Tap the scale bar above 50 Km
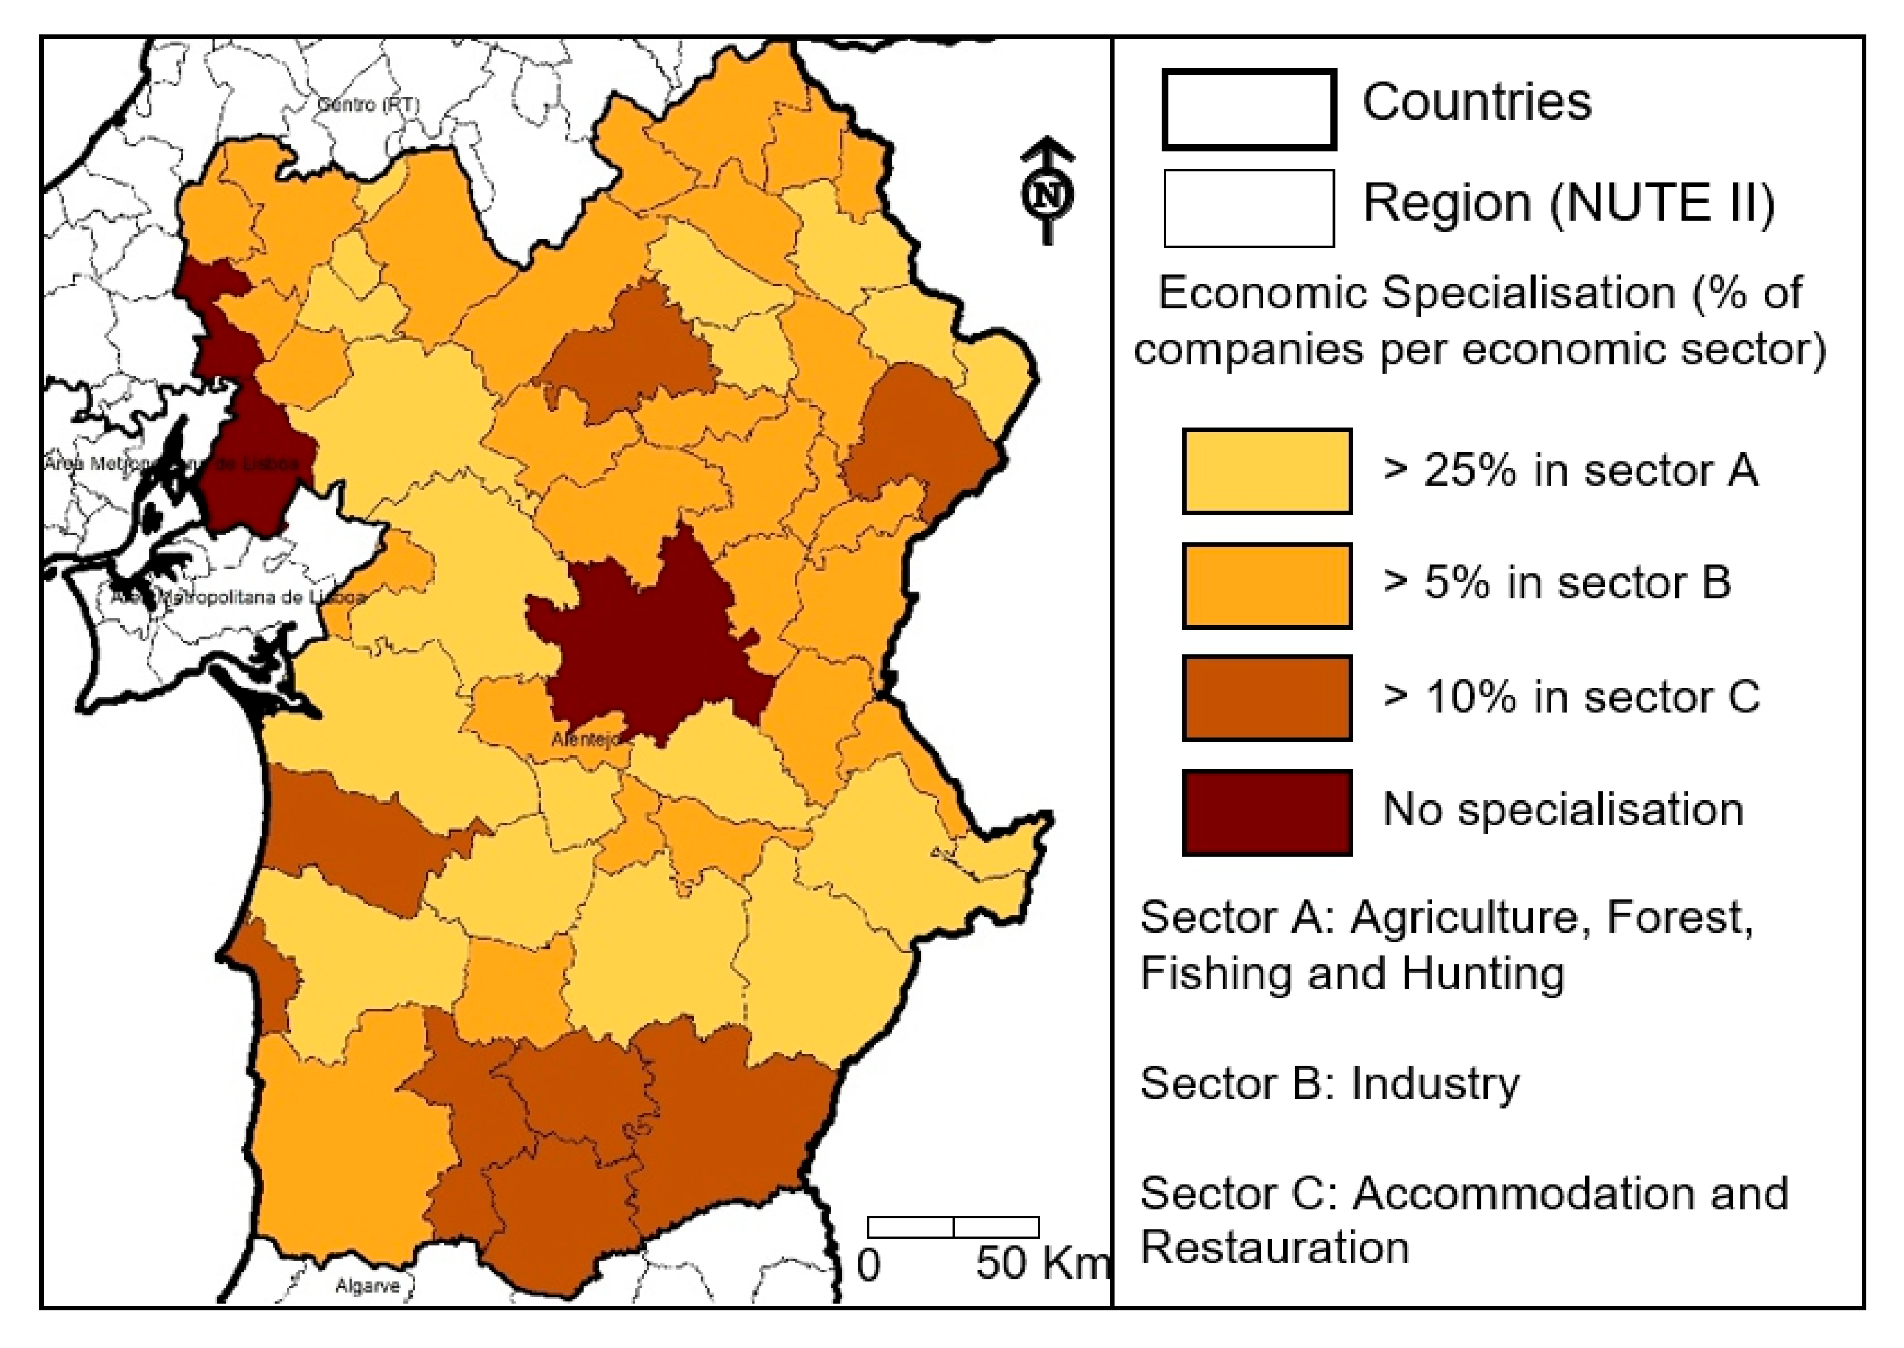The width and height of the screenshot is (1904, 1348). (953, 1227)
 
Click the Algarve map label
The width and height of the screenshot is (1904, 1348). (367, 1286)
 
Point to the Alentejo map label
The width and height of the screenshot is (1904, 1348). (585, 739)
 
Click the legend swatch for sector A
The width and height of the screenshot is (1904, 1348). (1267, 471)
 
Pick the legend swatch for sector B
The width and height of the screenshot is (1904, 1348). (1267, 585)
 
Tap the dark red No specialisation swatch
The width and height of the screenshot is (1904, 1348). (1267, 812)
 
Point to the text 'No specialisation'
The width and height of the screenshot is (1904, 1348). (1562, 809)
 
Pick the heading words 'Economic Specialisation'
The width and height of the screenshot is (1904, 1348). (1416, 293)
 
